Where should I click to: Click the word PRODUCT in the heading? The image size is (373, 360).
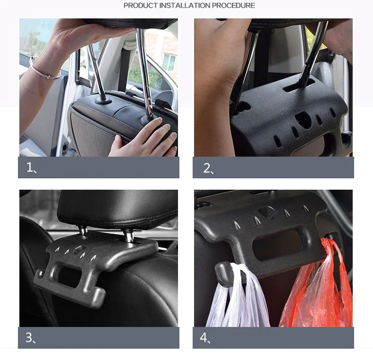point(140,6)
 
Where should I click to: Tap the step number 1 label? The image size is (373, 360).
point(31,167)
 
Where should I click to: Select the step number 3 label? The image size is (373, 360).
point(30,338)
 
